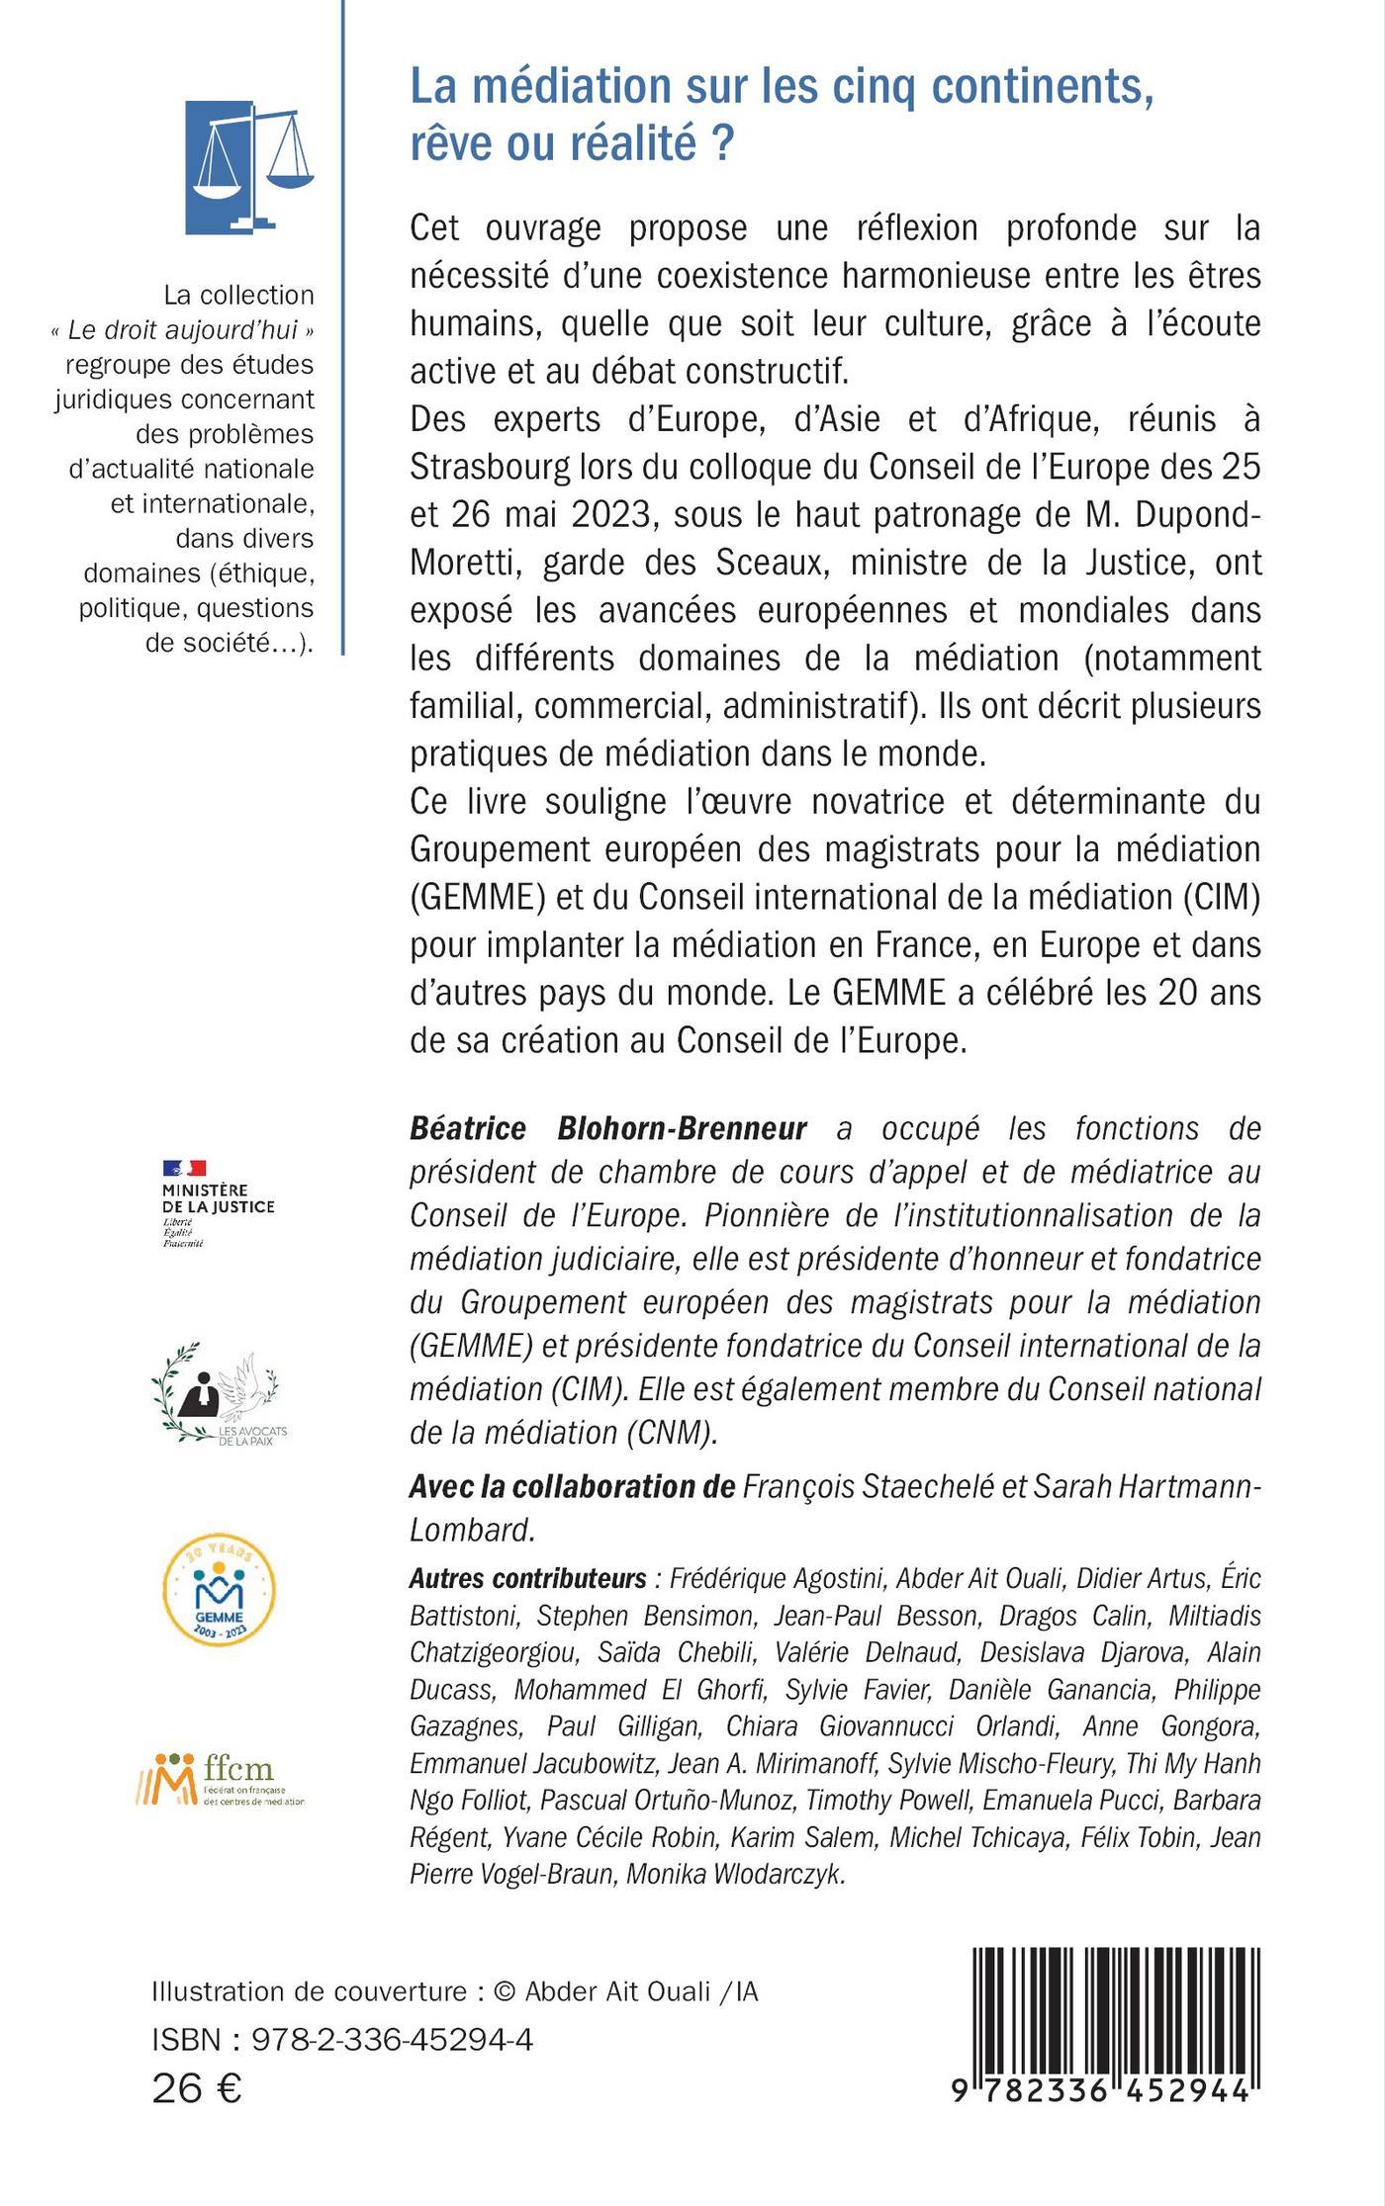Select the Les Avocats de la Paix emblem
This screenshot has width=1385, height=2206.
pyautogui.click(x=218, y=1393)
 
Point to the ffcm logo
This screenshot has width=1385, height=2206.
pyautogui.click(x=220, y=1780)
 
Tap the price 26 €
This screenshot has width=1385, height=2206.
pyautogui.click(x=197, y=2089)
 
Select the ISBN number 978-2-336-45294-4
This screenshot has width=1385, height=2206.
pyautogui.click(x=393, y=2040)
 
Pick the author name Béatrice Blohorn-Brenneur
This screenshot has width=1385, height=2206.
pyautogui.click(x=608, y=1128)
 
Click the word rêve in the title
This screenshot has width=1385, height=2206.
pyautogui.click(x=450, y=144)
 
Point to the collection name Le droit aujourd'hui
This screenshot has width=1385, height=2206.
pyautogui.click(x=183, y=330)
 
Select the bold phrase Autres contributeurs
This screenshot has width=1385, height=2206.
pyautogui.click(x=527, y=1577)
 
